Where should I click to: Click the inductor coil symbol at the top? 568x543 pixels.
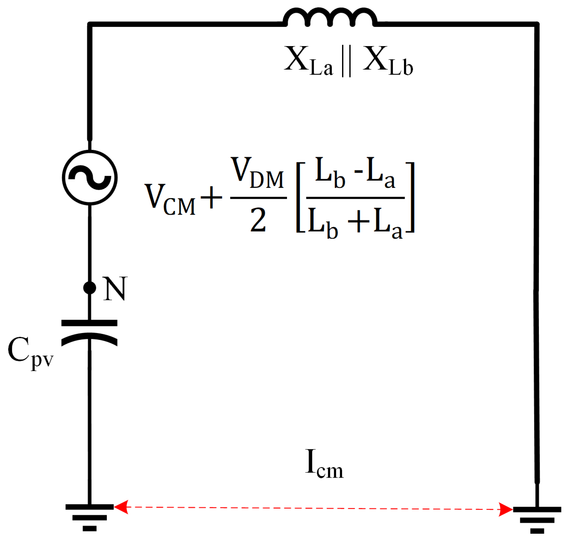(x=330, y=17)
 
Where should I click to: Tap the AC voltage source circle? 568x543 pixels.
(x=90, y=177)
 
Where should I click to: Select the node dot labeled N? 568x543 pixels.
(x=89, y=288)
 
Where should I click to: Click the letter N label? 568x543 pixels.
(x=115, y=289)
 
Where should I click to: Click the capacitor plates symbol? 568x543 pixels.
(x=89, y=333)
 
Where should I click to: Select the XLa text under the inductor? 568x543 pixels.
(x=308, y=61)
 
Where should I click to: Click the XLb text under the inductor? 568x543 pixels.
(x=387, y=61)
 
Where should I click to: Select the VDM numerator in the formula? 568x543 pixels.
(x=257, y=173)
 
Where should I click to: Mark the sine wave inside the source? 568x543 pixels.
(x=90, y=177)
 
